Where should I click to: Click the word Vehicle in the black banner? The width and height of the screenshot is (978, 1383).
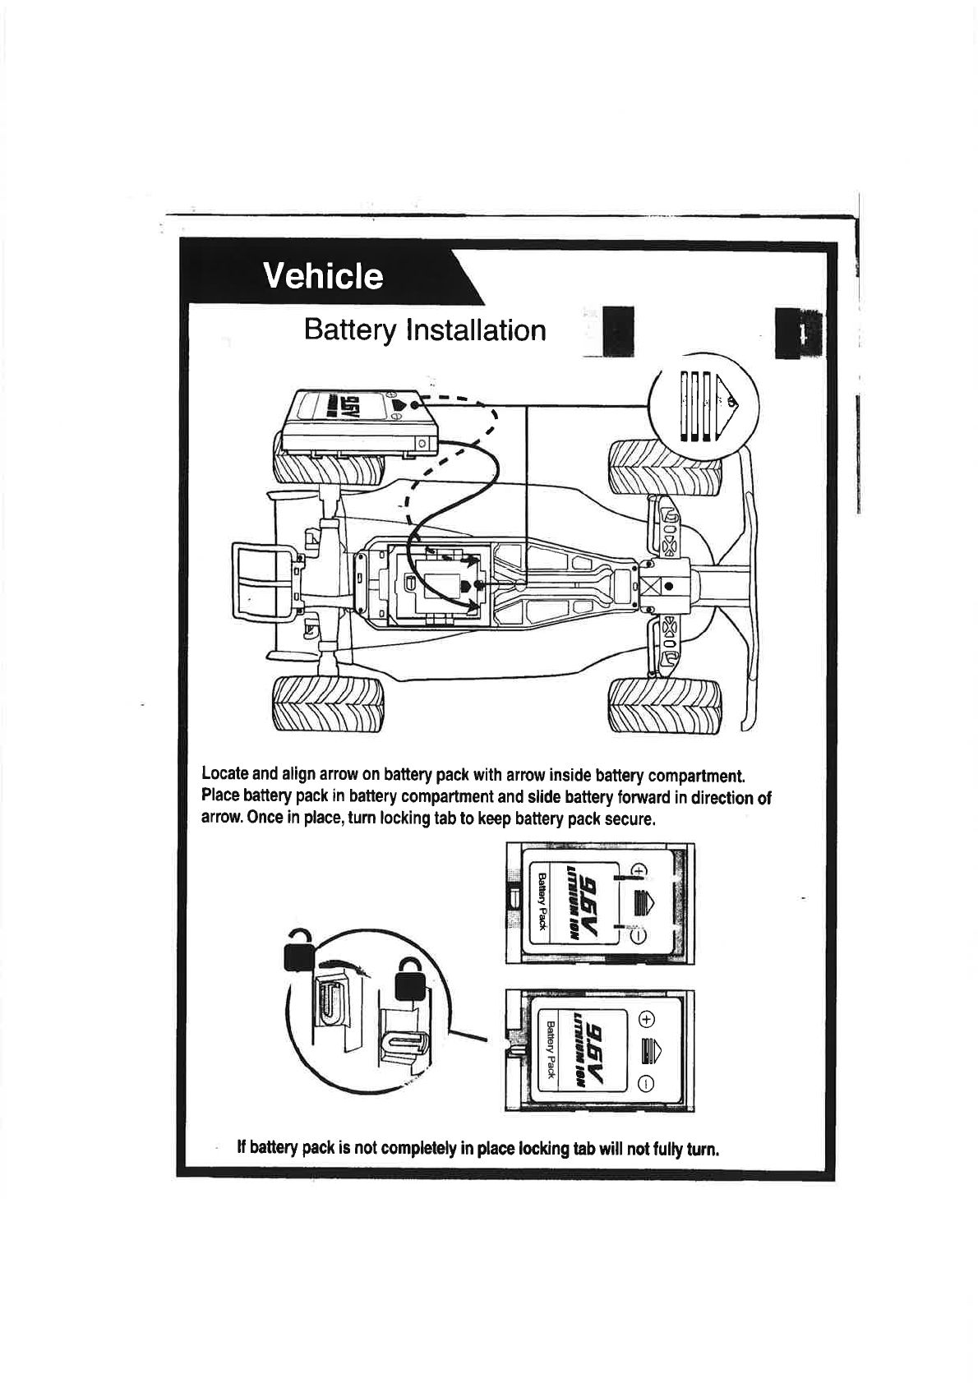(322, 276)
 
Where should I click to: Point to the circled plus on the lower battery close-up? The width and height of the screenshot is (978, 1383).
(648, 1020)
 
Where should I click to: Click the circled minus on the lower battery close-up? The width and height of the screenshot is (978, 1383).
(648, 1081)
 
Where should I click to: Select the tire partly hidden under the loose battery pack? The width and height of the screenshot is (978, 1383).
(329, 470)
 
